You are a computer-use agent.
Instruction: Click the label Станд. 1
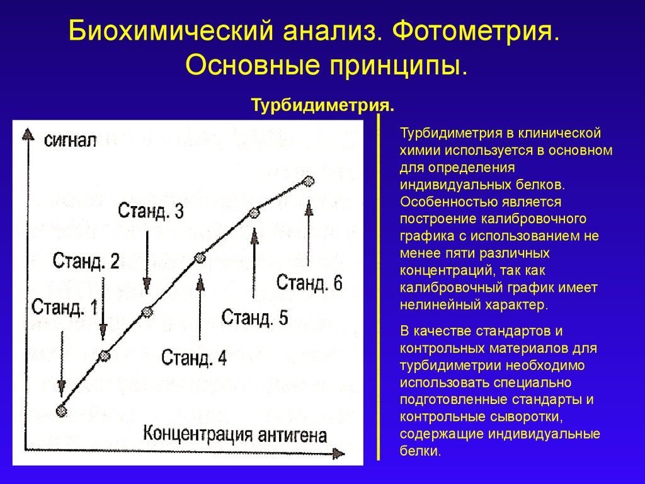(65, 308)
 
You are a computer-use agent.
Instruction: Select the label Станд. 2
(86, 261)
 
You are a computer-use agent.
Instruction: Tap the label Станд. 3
(151, 210)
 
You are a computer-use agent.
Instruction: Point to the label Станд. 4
(194, 358)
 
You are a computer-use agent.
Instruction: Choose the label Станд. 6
(309, 282)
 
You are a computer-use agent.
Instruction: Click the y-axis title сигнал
(70, 140)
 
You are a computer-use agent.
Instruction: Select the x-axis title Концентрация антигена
(235, 434)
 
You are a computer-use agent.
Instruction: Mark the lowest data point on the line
(61, 411)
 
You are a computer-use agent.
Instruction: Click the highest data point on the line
(308, 181)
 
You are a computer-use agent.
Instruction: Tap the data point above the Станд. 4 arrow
(200, 257)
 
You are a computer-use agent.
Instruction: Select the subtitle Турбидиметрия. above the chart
(323, 104)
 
